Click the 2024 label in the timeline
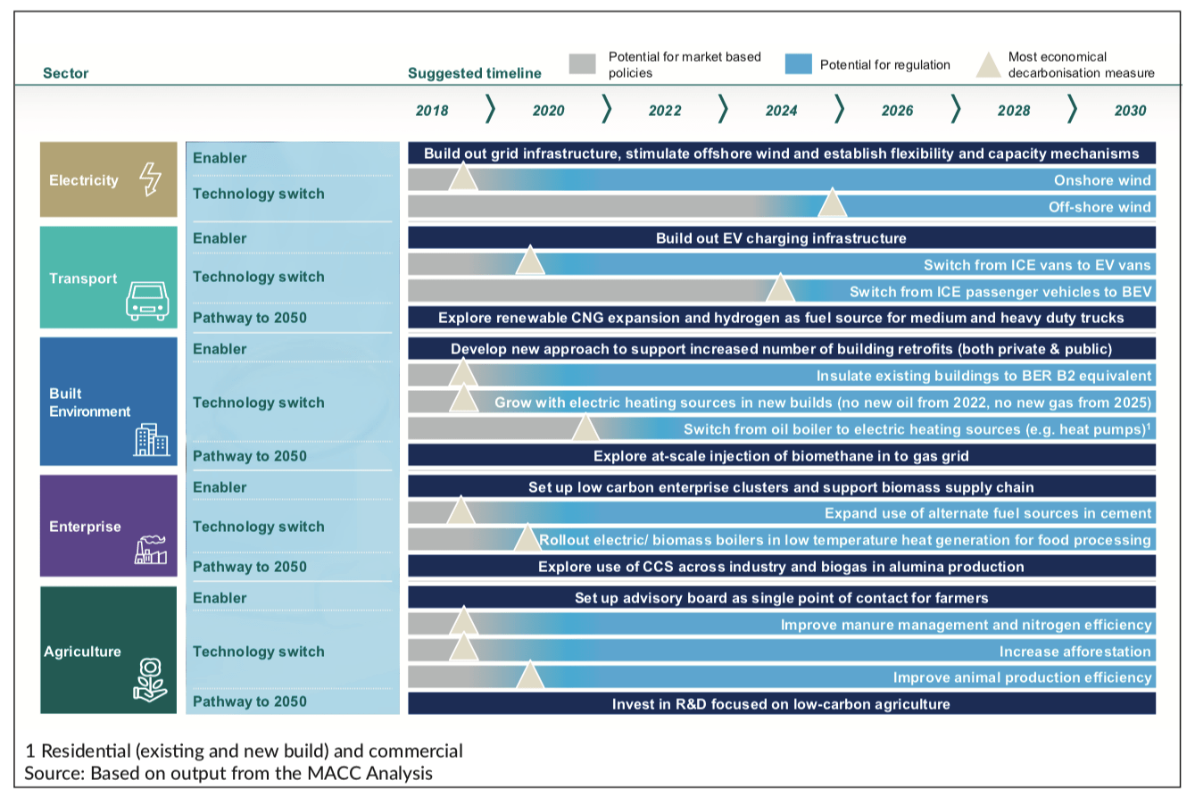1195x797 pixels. pyautogui.click(x=781, y=111)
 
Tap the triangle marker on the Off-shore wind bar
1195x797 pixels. pyautogui.click(x=833, y=203)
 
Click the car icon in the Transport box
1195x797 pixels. pyautogui.click(x=145, y=301)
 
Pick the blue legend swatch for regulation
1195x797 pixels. pyautogui.click(x=798, y=64)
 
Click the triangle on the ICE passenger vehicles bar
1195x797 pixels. pyautogui.click(x=780, y=288)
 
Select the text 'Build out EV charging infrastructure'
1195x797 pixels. pyautogui.click(x=781, y=238)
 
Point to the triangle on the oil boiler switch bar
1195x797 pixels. pyautogui.click(x=585, y=428)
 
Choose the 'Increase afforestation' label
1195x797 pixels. pyautogui.click(x=1075, y=651)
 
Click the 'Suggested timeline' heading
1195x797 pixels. pyautogui.click(x=474, y=73)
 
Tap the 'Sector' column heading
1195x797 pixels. pyautogui.click(x=65, y=73)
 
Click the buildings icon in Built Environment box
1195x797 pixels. pyautogui.click(x=151, y=439)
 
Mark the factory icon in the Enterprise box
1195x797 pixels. pyautogui.click(x=149, y=551)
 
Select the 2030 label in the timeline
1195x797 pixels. pyautogui.click(x=1130, y=111)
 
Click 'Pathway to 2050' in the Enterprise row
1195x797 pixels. pyautogui.click(x=249, y=567)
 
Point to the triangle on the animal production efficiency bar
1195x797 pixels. pyautogui.click(x=530, y=677)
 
